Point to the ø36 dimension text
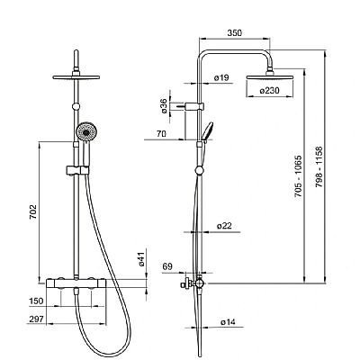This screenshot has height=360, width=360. click(x=164, y=107)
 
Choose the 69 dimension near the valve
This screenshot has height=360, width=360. click(x=166, y=268)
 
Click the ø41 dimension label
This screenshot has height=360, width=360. click(x=140, y=261)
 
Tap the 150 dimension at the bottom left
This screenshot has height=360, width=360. click(x=36, y=302)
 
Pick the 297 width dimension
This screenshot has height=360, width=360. click(x=36, y=319)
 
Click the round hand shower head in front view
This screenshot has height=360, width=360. click(x=85, y=133)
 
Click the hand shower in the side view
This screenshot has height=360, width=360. click(x=208, y=132)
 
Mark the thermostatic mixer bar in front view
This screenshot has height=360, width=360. click(x=77, y=285)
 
